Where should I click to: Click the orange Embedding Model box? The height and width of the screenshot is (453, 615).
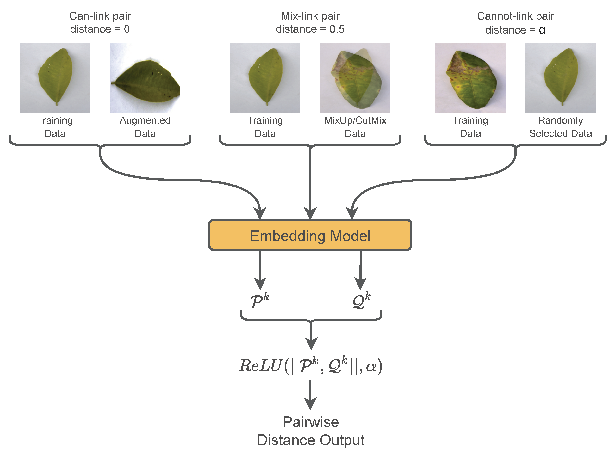310,235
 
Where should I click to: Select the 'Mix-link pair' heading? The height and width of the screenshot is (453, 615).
310,16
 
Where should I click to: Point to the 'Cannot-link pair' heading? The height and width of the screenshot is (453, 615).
515,16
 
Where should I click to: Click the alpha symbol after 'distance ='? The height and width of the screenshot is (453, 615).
542,30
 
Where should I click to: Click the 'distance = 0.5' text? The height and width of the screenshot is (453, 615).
310,29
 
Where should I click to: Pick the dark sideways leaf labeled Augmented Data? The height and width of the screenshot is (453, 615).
145,78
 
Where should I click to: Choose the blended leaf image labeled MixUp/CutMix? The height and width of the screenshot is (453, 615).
355,78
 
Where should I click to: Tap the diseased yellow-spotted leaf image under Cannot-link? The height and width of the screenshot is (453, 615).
470,78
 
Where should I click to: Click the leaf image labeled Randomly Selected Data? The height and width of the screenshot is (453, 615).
560,78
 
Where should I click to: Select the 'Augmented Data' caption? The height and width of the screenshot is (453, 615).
145,127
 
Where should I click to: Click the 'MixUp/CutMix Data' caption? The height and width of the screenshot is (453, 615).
355,127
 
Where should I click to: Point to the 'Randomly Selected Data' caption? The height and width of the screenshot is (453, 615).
560,127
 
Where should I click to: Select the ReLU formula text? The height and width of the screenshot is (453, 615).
311,365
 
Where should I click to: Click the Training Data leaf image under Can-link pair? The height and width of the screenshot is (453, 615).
55,78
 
